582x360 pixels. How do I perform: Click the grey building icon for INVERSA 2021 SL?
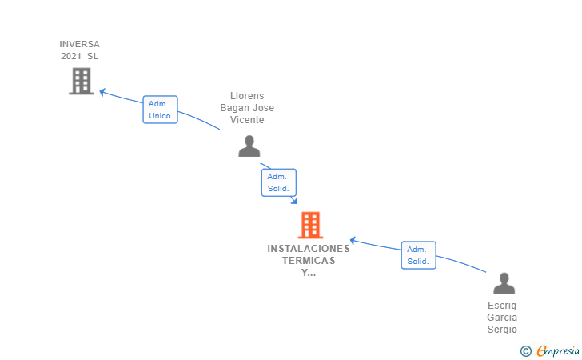tap(82, 81)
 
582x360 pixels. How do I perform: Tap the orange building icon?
tap(310, 225)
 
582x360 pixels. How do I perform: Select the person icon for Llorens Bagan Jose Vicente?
tap(249, 146)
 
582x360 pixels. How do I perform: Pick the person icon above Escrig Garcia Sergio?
tap(504, 283)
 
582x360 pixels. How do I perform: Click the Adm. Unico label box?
tap(161, 110)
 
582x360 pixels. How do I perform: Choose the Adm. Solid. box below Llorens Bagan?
tap(279, 182)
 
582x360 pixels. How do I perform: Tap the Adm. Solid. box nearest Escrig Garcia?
tap(418, 255)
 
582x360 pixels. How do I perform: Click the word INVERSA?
tap(79, 44)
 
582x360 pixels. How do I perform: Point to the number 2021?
tap(71, 56)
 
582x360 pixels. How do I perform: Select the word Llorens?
tap(247, 96)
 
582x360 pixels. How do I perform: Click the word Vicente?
tap(247, 120)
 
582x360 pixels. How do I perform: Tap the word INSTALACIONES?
tap(309, 249)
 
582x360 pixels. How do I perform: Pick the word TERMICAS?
tap(309, 261)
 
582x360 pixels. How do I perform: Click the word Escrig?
tap(502, 306)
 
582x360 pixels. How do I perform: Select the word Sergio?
tap(502, 329)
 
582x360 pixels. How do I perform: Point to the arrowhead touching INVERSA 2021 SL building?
tap(102, 92)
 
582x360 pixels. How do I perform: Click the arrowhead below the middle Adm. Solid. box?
tap(294, 201)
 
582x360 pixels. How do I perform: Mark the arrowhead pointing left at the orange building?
tap(353, 241)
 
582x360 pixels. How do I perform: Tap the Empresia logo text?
tap(558, 350)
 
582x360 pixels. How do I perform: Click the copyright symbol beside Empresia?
tap(525, 351)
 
